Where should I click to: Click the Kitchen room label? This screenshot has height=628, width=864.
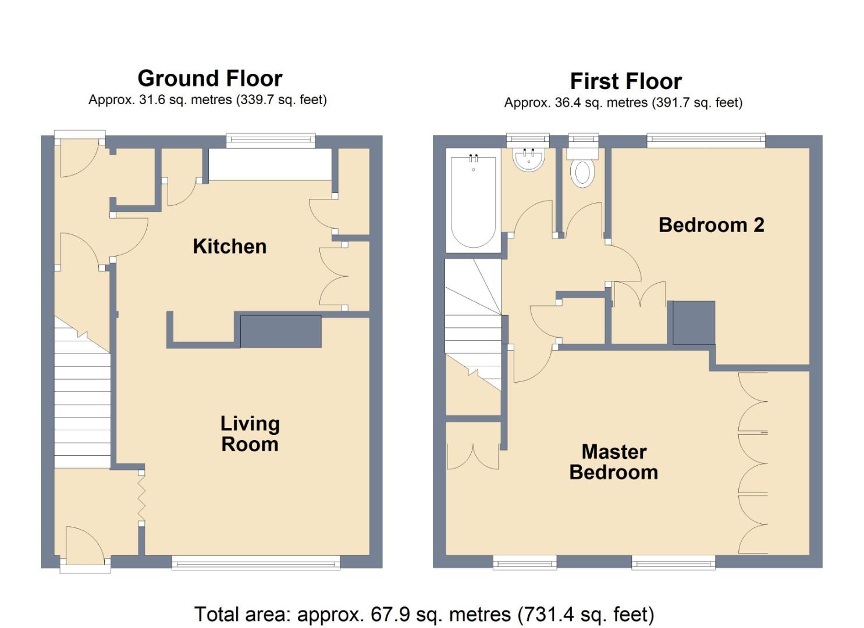click(229, 247)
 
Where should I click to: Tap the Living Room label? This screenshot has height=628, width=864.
click(250, 434)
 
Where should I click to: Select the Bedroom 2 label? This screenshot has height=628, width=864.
click(711, 225)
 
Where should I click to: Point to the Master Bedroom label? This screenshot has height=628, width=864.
click(614, 462)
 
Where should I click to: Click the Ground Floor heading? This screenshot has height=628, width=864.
click(210, 78)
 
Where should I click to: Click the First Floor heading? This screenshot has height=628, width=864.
click(625, 81)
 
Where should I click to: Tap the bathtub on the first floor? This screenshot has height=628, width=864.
click(473, 201)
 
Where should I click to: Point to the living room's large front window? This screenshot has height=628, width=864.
click(256, 563)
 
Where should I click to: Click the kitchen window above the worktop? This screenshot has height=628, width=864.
click(271, 140)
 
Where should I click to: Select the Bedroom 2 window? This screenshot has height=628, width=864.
click(706, 140)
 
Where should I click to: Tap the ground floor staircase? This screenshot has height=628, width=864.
click(82, 392)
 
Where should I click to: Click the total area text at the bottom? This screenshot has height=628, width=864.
click(424, 615)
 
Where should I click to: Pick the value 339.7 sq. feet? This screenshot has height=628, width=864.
click(282, 100)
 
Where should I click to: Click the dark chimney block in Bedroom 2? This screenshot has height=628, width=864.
click(694, 323)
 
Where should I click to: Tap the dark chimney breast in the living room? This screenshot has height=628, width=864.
click(281, 331)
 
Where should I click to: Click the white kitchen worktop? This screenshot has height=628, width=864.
click(270, 164)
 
